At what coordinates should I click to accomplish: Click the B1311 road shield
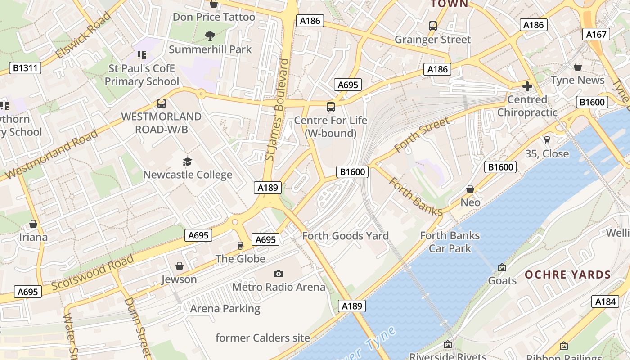(25, 68)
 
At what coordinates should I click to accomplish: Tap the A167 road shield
(597, 34)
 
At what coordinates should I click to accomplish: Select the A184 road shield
(605, 301)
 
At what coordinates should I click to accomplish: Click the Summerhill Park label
(210, 49)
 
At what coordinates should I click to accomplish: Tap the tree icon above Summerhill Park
(210, 36)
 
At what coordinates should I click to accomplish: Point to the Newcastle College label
(188, 175)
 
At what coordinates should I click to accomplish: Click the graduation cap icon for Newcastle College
(187, 162)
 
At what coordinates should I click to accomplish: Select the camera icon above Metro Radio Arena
(279, 274)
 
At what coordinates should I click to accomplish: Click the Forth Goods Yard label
(345, 236)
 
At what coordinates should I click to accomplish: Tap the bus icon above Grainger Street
(433, 26)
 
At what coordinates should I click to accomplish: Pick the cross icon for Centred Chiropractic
(527, 86)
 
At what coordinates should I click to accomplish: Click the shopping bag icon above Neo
(470, 189)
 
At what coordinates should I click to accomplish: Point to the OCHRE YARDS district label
(568, 274)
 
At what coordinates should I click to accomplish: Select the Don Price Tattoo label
(214, 17)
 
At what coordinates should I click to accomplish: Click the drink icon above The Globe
(240, 246)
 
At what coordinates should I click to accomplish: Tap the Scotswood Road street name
(92, 273)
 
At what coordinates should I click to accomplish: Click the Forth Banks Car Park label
(450, 242)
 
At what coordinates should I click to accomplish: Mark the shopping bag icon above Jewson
(180, 266)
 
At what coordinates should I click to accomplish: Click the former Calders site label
(263, 337)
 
